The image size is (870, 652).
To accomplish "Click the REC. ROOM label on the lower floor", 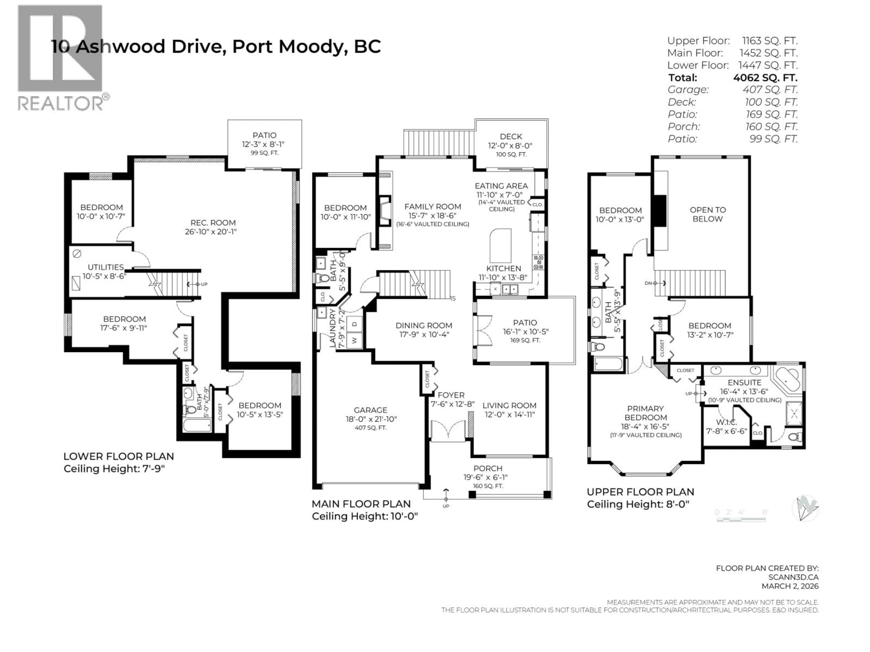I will coord(213,223).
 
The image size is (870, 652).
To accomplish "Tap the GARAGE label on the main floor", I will coord(370,410).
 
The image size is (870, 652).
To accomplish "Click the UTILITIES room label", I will coord(105,267).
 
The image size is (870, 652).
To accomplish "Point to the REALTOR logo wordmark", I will coord(61,104).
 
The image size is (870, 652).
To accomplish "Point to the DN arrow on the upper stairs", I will coord(655,283).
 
